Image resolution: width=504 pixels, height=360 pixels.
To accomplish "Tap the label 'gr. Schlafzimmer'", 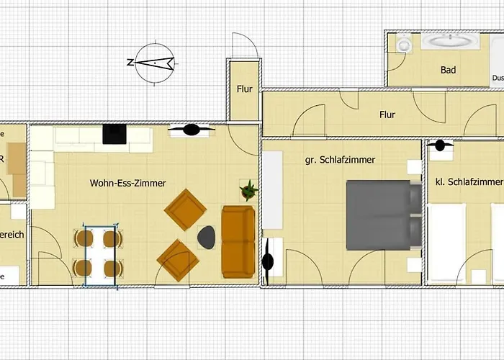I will coord(339,160).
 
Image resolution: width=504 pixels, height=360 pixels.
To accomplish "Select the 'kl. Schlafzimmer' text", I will coord(469,181).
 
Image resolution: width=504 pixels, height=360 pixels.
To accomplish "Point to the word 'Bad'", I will coord(449,70).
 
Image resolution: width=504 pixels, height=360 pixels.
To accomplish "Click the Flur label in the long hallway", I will coord(387,114).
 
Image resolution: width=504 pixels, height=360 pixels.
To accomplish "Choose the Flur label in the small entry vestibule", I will coord(245,90).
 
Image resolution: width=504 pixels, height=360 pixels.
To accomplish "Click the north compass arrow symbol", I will coord(153,63).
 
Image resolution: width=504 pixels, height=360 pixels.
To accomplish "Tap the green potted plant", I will coord(249,191).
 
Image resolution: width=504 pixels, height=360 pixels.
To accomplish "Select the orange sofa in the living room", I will coord(238,241).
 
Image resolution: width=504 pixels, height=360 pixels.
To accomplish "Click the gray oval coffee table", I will coord(207,237).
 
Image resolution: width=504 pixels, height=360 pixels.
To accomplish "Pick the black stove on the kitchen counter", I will coord(114,134).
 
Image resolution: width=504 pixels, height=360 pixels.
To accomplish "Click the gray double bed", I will coord(383,215).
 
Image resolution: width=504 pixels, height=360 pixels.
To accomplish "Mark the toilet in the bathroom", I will coord(404,45).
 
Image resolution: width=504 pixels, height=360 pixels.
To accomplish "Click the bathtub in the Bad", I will coord(450,42).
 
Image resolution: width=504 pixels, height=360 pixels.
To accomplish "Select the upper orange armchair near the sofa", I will coord(185,210).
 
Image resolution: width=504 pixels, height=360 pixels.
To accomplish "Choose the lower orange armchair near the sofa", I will coord(178,260).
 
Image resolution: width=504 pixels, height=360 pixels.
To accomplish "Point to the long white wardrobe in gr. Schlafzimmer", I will coord(272,190).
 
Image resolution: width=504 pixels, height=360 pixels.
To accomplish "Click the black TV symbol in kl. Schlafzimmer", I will coord(438,145).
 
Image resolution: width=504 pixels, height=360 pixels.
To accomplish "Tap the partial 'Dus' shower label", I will coord(498,78).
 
